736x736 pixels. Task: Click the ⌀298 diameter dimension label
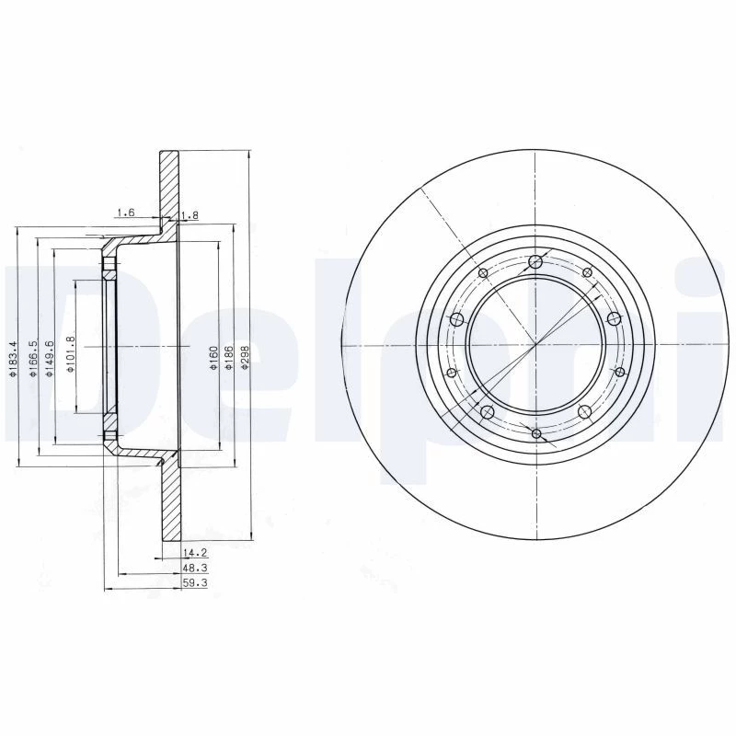pos(245,358)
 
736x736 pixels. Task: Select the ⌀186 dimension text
pos(229,358)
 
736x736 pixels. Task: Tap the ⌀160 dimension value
pos(213,358)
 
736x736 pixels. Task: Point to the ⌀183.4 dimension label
pos(13,359)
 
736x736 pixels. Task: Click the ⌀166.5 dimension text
pos(33,359)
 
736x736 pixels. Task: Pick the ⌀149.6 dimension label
pos(50,359)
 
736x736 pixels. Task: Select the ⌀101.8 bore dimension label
pos(71,354)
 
